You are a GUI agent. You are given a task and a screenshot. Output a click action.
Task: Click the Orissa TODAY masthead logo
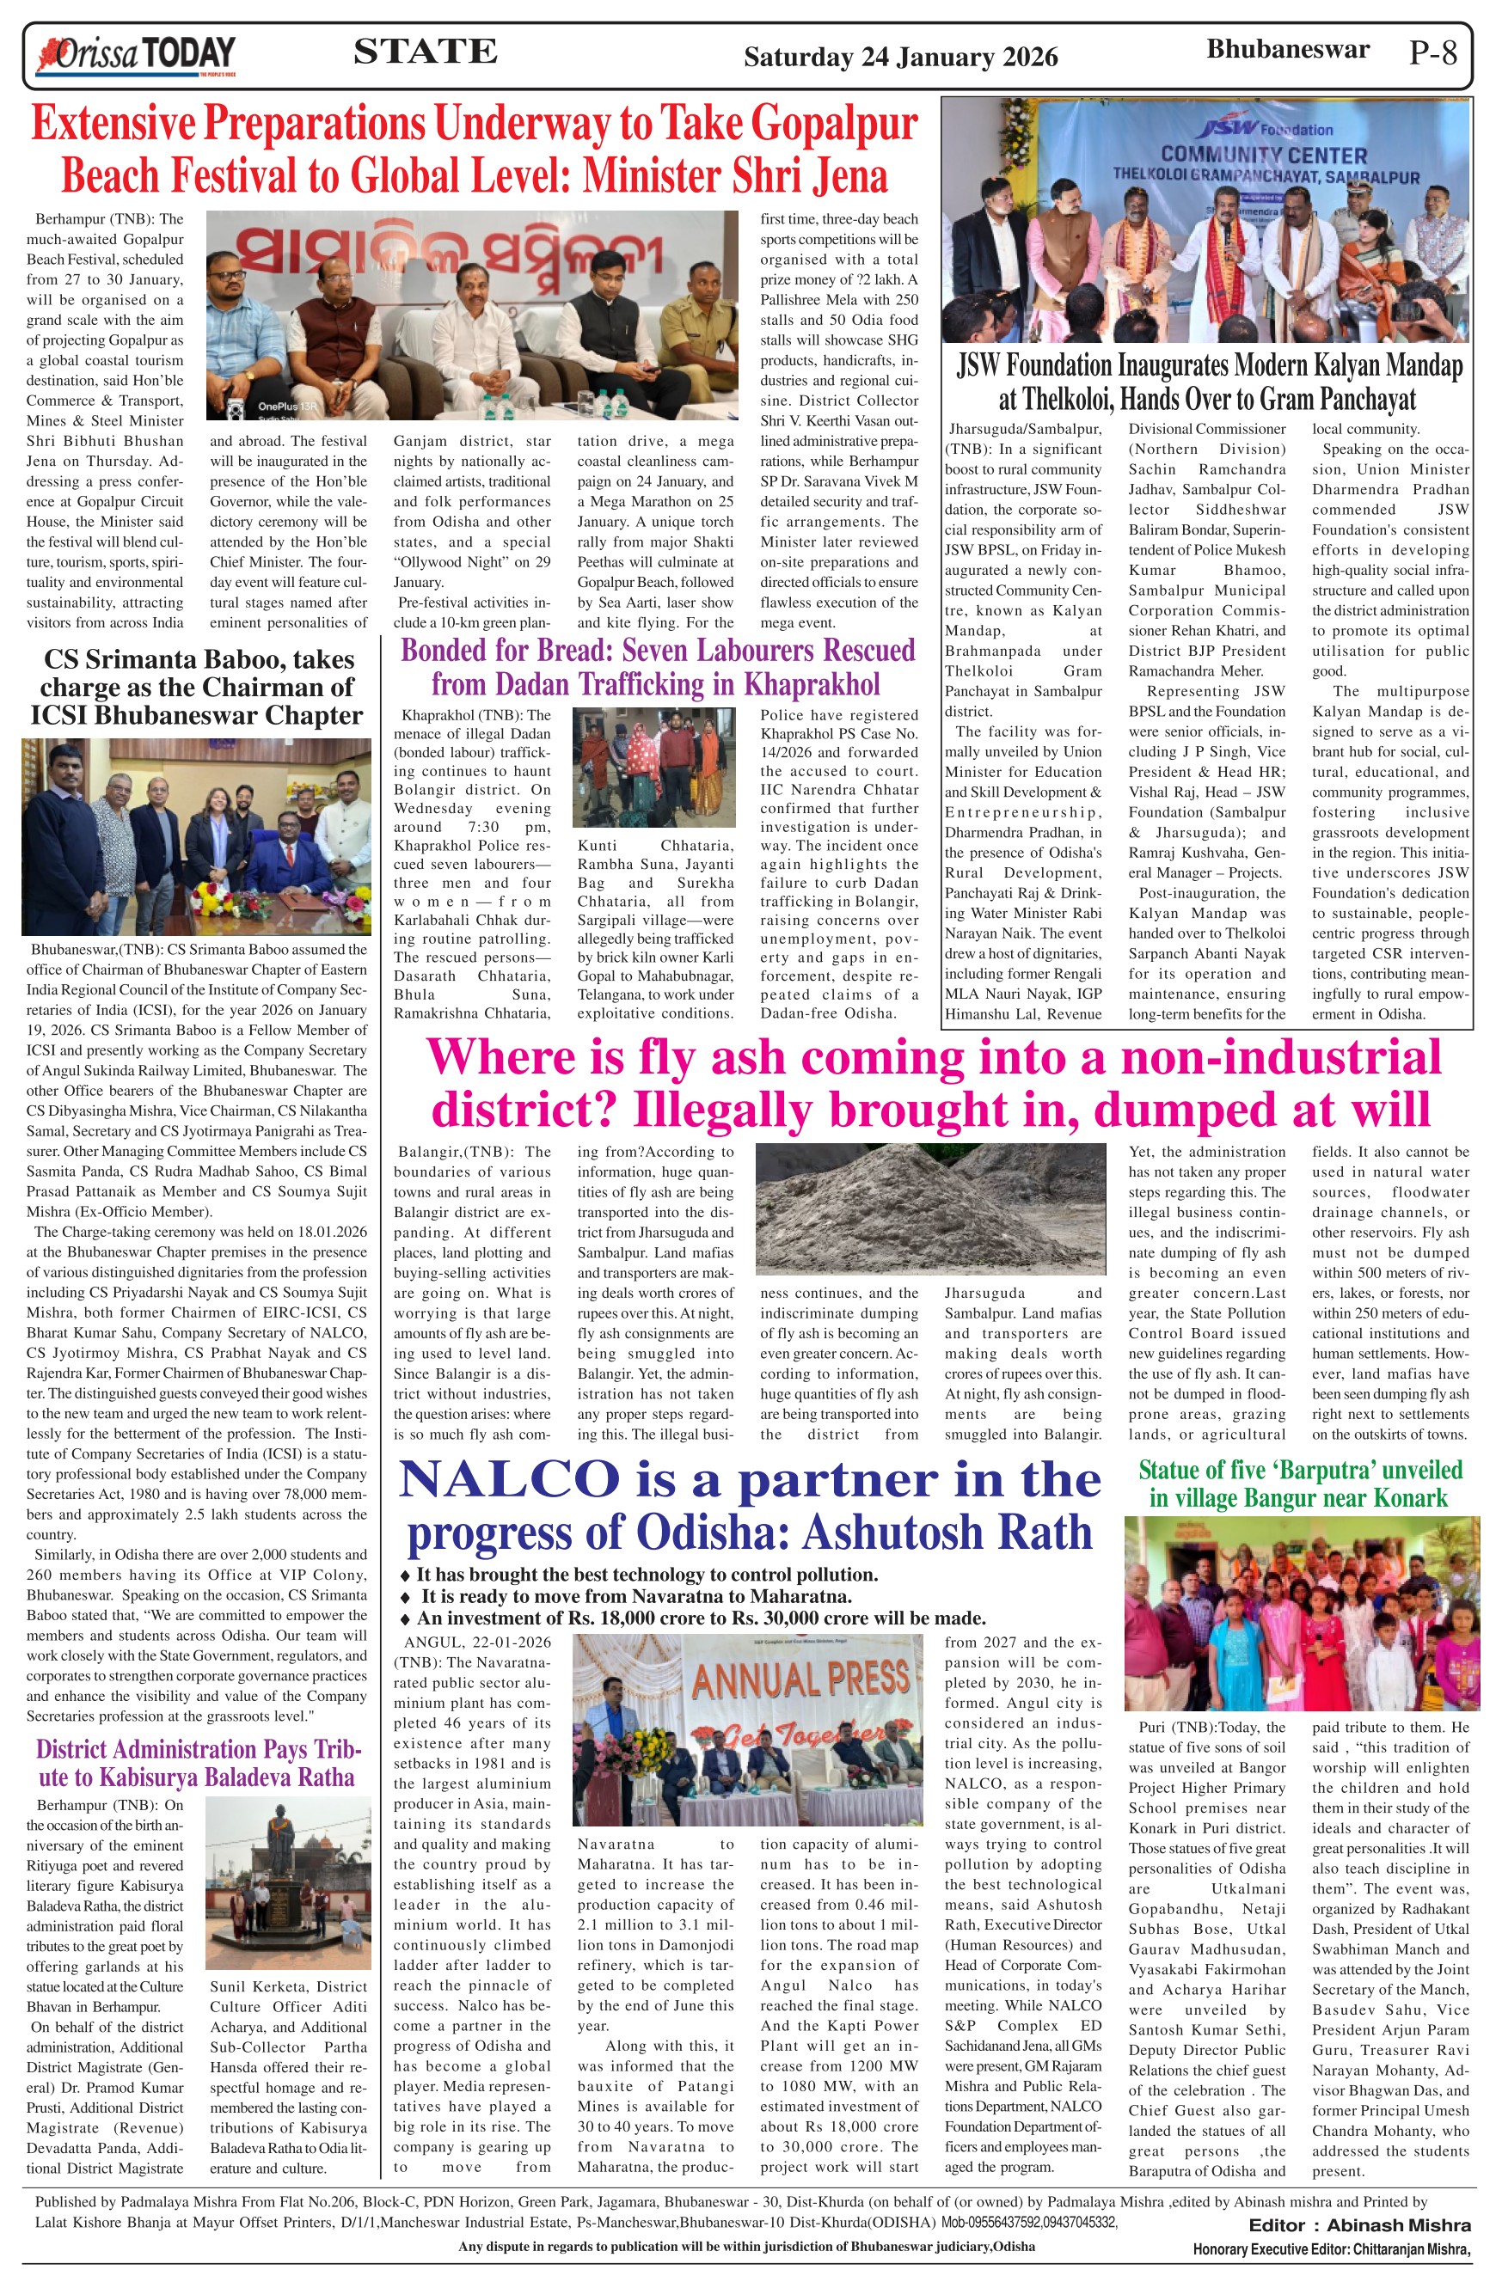click(x=136, y=55)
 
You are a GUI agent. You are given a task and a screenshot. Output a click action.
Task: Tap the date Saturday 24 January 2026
click(x=900, y=58)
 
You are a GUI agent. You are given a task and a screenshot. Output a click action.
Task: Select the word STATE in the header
click(x=425, y=51)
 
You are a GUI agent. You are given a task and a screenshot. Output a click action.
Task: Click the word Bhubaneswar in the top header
click(x=1287, y=50)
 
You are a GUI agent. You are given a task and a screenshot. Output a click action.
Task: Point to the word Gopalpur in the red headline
click(x=834, y=125)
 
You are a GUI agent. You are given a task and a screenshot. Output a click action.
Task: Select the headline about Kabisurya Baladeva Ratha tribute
click(x=196, y=1763)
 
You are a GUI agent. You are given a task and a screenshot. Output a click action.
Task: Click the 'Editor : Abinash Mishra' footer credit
click(x=1358, y=2224)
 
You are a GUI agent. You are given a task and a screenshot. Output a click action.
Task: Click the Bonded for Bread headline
click(x=657, y=667)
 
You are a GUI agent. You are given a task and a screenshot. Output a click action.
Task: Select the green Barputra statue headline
click(x=1299, y=1484)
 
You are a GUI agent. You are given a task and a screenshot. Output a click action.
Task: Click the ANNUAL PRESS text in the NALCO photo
click(x=800, y=1679)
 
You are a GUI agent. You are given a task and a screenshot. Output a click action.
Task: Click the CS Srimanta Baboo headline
click(x=197, y=688)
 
